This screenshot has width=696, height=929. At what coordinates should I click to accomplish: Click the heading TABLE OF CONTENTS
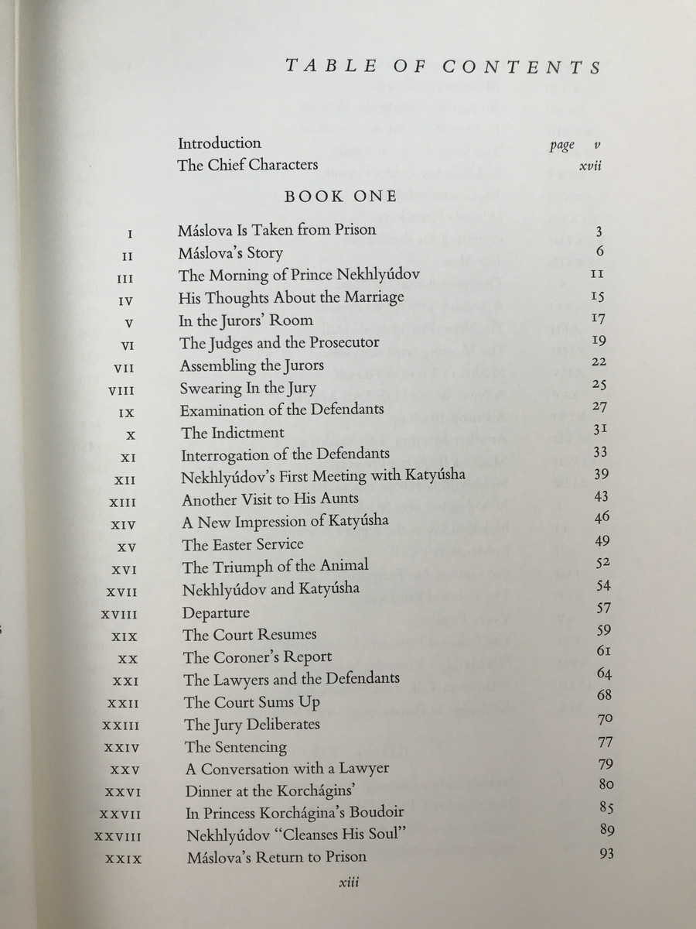click(443, 67)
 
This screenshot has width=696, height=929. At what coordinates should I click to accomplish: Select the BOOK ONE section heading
click(340, 197)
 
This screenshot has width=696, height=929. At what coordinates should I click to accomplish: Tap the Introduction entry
click(220, 143)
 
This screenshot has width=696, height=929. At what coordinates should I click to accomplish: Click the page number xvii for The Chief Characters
click(590, 166)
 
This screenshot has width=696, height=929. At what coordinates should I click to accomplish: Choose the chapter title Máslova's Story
click(230, 253)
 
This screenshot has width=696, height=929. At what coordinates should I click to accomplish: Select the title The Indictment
click(233, 432)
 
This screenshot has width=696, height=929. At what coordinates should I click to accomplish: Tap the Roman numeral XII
click(125, 480)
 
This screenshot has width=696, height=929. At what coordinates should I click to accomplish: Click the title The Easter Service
click(243, 544)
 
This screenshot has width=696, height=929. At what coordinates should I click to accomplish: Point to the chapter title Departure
click(217, 612)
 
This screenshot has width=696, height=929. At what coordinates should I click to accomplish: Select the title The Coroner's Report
click(258, 657)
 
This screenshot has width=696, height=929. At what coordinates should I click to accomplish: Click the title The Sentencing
click(236, 747)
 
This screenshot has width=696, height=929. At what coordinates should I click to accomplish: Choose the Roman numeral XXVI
click(122, 792)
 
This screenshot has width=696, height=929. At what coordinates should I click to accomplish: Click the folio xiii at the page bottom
click(341, 883)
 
